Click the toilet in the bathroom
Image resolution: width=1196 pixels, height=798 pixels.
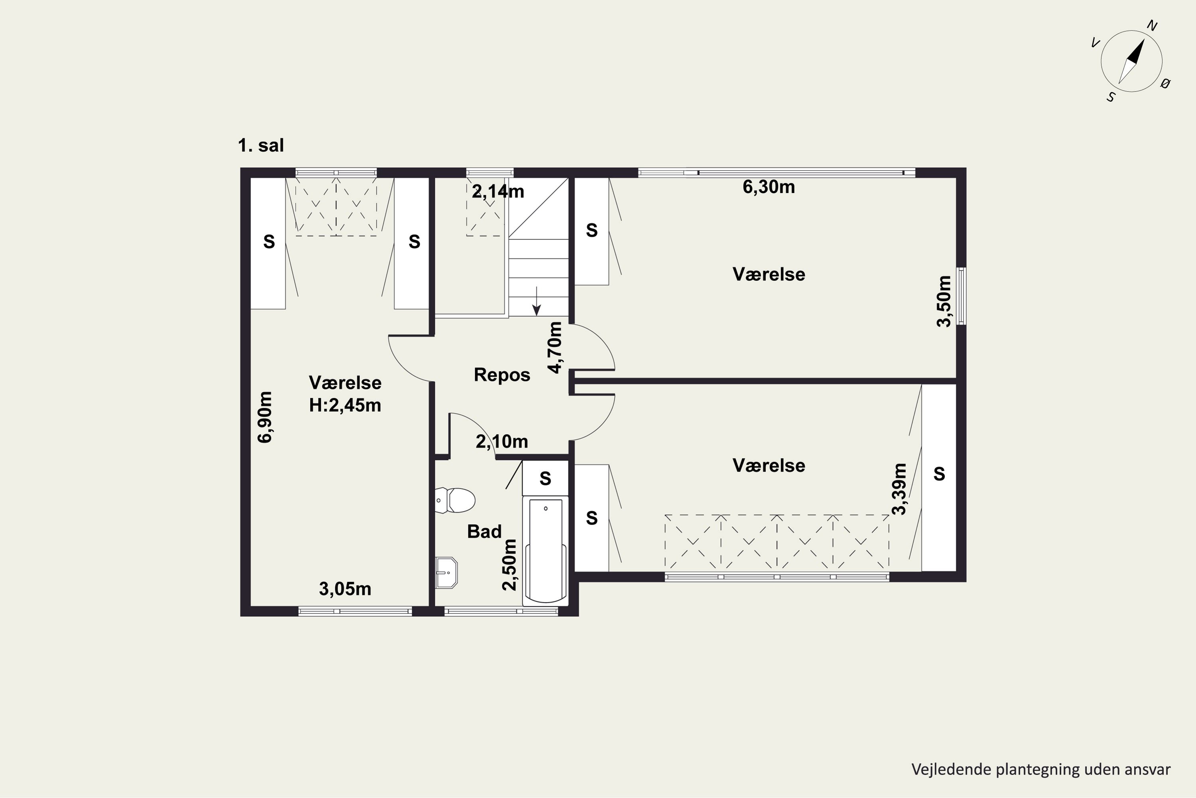coord(455,500)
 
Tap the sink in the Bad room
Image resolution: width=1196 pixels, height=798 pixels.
coord(447,573)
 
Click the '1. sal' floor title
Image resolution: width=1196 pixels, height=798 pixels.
coord(261,146)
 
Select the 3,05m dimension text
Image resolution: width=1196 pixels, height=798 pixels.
coord(345,589)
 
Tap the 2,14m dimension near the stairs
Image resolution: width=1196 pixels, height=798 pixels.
coord(498,192)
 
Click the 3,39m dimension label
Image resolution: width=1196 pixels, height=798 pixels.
coord(899,489)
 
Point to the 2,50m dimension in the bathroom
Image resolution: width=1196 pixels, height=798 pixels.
coord(509,565)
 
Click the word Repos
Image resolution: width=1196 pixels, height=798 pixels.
coord(502,375)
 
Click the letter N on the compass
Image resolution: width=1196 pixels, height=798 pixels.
coord(1152,26)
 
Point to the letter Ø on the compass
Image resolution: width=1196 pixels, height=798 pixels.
coord(1165,83)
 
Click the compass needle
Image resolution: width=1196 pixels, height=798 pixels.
coord(1131,61)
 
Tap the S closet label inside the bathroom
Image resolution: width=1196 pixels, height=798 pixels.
coord(545,478)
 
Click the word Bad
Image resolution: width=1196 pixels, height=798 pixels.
coord(484,532)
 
